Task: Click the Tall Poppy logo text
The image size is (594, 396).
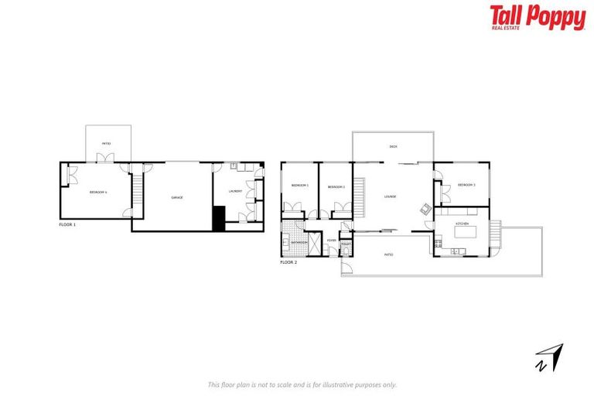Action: coord(537,16)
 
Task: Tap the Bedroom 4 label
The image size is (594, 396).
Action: coord(98,192)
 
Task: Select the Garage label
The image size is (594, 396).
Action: coord(177,199)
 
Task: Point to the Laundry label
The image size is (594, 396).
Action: coord(235,191)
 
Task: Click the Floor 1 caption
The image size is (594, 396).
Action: coord(68,224)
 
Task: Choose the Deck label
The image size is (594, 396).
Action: coord(393,146)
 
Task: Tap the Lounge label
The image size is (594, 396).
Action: coord(390,196)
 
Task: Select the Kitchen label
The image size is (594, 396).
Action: coord(463,223)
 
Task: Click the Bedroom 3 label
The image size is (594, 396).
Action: coord(466,185)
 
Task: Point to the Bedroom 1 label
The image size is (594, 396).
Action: coord(300,186)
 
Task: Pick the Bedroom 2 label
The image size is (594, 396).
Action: coord(336,186)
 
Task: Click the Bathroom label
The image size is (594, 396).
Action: coord(299,243)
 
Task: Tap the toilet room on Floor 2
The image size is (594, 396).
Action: coord(346,246)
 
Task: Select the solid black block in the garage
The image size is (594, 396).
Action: coord(218,219)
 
